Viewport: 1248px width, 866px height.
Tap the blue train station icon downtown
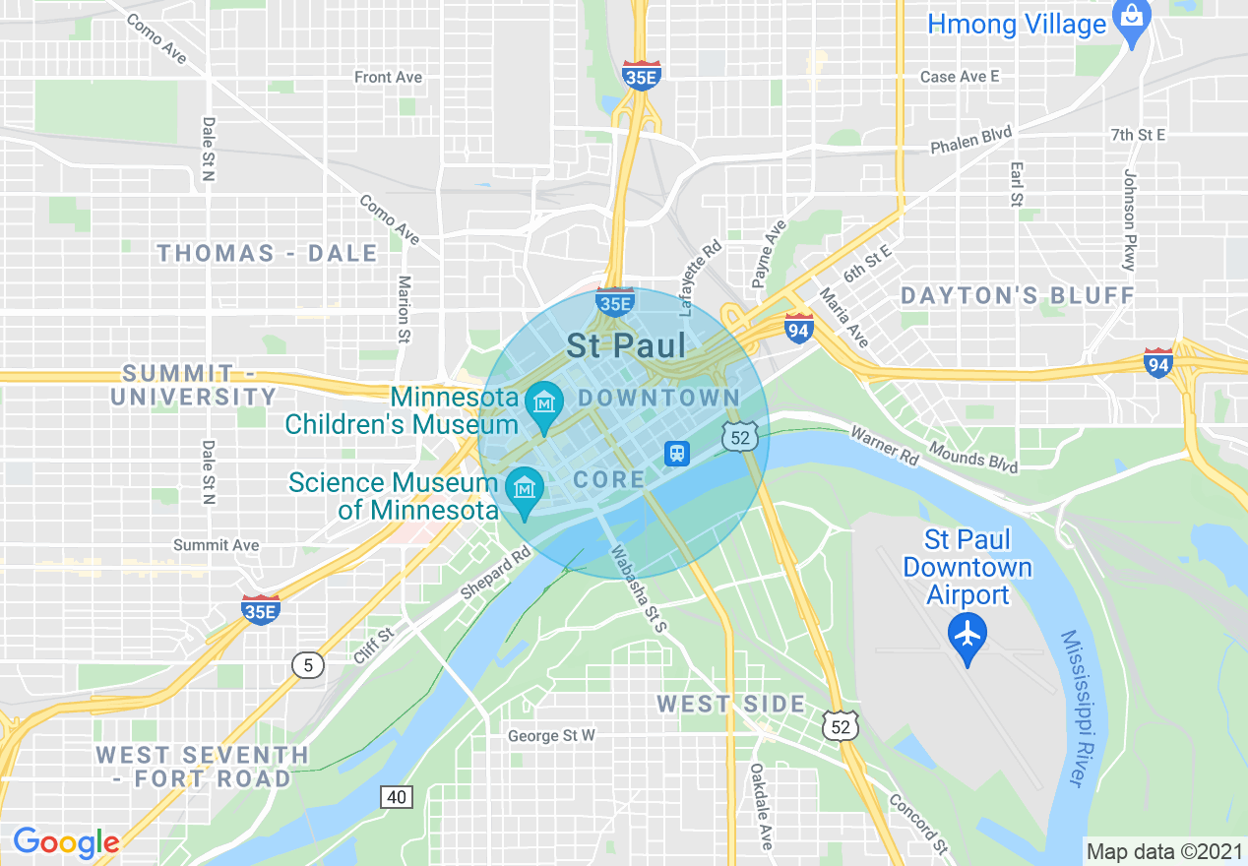(x=677, y=454)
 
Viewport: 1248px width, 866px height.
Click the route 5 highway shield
(x=308, y=666)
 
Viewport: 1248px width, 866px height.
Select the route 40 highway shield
(x=397, y=797)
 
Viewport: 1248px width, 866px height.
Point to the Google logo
(x=66, y=842)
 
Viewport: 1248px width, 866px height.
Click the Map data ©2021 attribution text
(x=1164, y=851)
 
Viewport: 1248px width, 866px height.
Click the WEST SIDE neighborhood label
(x=731, y=704)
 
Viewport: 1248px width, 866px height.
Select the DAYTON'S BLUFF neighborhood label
(x=1018, y=295)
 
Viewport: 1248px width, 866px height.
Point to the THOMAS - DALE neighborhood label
(x=267, y=254)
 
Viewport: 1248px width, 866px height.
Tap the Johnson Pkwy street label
(x=1129, y=219)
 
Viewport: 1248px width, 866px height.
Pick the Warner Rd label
(x=884, y=447)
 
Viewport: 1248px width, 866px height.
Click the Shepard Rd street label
(x=495, y=574)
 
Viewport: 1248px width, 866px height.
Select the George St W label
(x=551, y=735)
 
